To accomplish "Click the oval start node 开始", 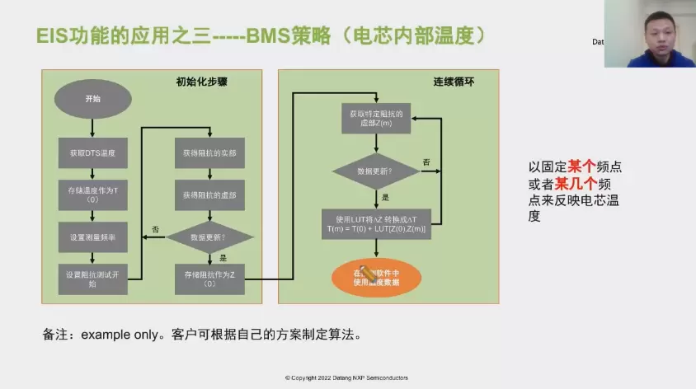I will pyautogui.click(x=92, y=98).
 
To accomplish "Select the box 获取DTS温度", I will pyautogui.click(x=92, y=152).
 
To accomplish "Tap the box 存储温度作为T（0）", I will pyautogui.click(x=92, y=194).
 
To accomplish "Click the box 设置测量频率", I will pyautogui.click(x=92, y=237).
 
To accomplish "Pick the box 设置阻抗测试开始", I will pyautogui.click(x=92, y=278).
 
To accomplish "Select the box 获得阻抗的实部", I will pyautogui.click(x=209, y=152).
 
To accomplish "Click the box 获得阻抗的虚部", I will pyautogui.click(x=209, y=194).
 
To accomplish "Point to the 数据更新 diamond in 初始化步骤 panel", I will pyautogui.click(x=209, y=237).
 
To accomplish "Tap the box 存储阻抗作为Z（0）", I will pyautogui.click(x=209, y=278).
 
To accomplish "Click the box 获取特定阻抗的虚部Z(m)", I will pyautogui.click(x=376, y=118).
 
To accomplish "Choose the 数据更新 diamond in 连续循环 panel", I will pyautogui.click(x=376, y=171).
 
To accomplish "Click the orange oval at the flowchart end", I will pyautogui.click(x=376, y=277).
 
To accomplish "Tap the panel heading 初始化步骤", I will pyautogui.click(x=199, y=82).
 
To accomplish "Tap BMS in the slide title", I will pyautogui.click(x=265, y=36).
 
